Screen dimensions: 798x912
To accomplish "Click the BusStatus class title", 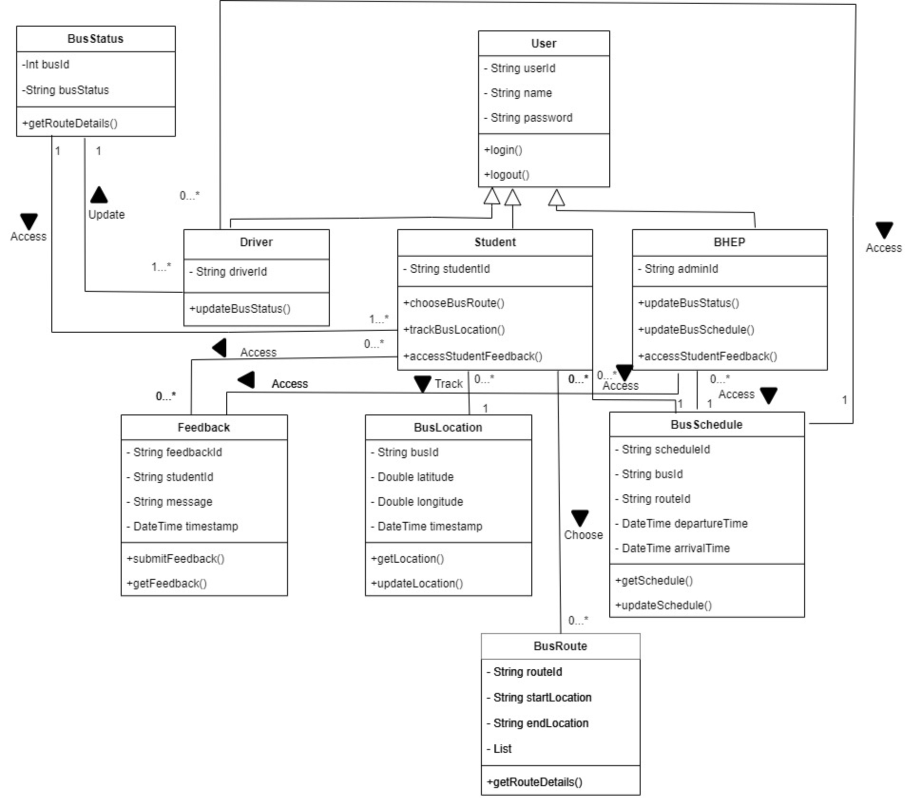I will coord(95,38).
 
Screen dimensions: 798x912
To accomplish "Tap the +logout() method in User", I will coord(506,174).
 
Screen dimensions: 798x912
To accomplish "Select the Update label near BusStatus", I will coord(106,214).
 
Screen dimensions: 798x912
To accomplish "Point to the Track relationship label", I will coord(448,384).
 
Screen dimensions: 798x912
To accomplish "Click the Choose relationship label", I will coord(583,535).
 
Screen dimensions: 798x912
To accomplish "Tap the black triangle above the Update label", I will coord(99,195).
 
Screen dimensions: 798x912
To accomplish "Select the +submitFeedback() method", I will coord(175,558).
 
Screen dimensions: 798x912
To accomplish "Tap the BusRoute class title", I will coord(560,646).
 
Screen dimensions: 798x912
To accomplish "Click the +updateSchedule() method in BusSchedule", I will coord(663,605).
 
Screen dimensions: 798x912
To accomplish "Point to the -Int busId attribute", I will coord(46,64).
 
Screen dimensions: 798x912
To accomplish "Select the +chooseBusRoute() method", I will coord(453,303).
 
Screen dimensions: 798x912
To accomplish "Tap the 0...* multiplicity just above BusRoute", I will coord(578,620).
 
